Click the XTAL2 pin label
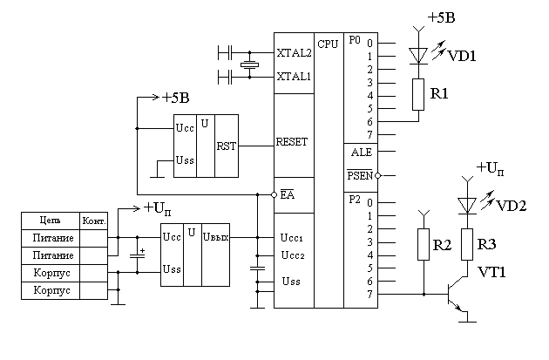coord(294,52)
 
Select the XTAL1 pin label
coord(294,77)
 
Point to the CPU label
coord(328,44)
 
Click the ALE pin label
coord(361,152)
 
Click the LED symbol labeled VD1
coord(417,55)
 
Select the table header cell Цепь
coord(50,220)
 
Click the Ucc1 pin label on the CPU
coord(291,237)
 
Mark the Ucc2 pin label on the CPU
coord(291,255)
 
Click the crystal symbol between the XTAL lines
coord(250,65)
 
